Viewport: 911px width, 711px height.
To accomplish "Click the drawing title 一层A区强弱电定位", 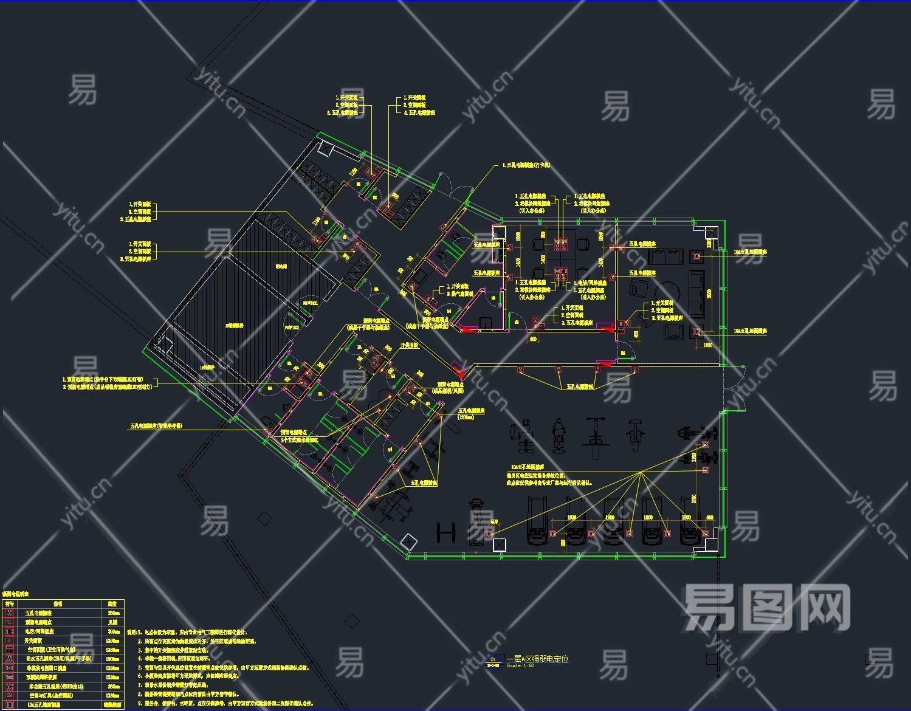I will coord(540,659).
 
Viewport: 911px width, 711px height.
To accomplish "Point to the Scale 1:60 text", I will coord(520,666).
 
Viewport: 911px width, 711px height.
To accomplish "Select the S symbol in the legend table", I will coord(9,641).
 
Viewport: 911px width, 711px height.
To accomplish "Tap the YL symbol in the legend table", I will coord(9,622).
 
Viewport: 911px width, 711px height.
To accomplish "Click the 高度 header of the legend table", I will coord(112,604).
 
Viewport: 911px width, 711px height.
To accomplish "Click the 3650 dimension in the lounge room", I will coord(708,294).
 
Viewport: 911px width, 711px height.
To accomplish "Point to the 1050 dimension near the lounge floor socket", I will coord(708,345).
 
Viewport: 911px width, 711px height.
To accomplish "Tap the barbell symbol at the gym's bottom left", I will coord(445,532).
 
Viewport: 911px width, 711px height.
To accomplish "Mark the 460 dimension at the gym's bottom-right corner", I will coord(709,518).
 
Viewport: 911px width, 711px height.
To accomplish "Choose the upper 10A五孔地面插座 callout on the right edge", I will coord(750,252).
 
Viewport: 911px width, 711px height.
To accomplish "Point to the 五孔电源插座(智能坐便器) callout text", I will coord(156,426).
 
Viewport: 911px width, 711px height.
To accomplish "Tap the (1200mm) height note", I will coord(466,417).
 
